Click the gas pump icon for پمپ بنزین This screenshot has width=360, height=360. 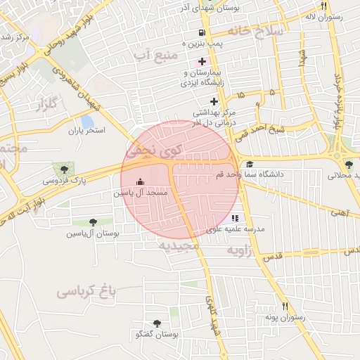point(202,32)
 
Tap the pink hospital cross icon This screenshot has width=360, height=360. point(202,63)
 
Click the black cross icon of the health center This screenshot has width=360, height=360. point(214,102)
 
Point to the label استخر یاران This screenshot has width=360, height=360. point(86,130)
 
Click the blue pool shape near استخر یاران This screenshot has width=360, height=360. point(87,121)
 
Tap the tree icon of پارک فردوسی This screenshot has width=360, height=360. point(65,169)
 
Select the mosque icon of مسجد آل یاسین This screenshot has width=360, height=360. point(138,181)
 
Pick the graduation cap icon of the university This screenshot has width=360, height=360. point(250,164)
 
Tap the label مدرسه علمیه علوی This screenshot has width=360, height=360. point(236,229)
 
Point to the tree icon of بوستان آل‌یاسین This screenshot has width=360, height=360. point(93,222)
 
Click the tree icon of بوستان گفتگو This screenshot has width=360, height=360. point(156,323)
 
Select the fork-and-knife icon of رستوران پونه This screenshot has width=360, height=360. point(285,306)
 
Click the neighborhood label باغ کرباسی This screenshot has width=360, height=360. point(86,290)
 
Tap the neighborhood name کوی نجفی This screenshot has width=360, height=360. point(153,150)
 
